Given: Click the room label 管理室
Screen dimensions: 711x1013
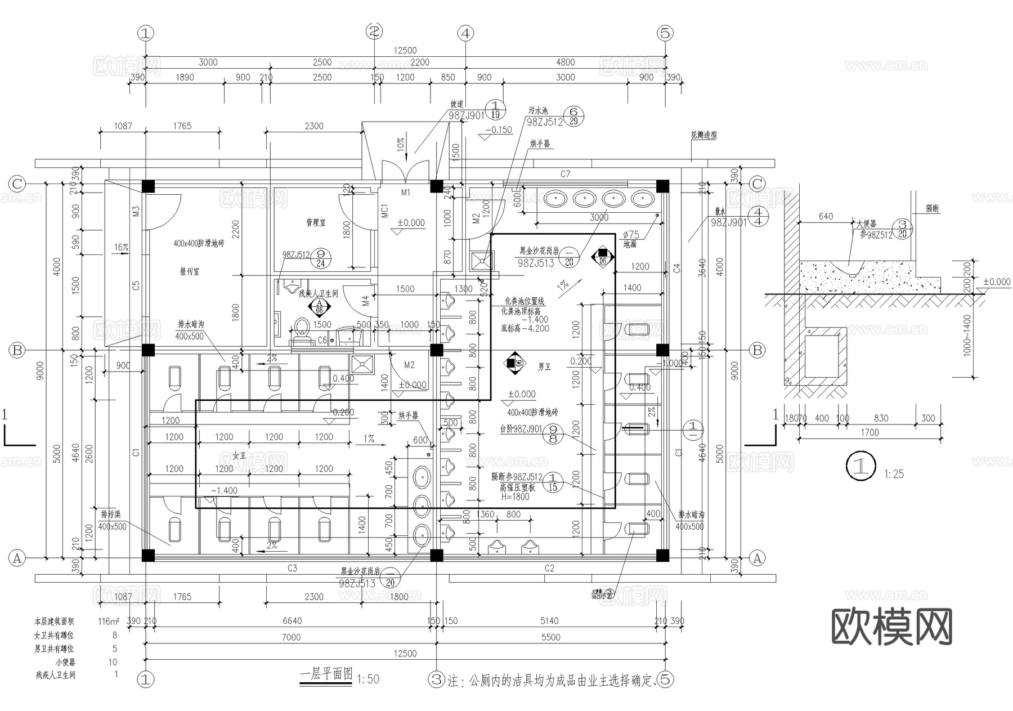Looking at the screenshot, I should (315, 223).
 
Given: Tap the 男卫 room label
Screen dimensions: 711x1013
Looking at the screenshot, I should (544, 367).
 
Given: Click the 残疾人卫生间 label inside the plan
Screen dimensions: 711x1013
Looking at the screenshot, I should (318, 293).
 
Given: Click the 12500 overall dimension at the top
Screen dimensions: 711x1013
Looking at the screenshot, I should (405, 51).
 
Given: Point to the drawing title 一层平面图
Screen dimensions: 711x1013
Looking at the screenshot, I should (326, 674).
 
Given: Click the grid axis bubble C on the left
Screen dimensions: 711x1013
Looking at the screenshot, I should (17, 184).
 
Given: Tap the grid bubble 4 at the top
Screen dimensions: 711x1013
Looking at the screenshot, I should (465, 33).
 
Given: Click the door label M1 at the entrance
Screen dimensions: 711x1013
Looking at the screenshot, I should (406, 193).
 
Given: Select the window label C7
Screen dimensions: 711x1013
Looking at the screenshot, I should (565, 174).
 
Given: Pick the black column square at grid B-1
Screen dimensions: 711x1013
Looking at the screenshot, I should (147, 350).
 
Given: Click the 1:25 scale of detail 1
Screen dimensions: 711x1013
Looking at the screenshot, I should (894, 474).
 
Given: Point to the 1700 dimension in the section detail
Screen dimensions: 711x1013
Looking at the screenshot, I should (869, 432).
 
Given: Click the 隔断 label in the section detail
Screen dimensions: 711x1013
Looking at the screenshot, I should (932, 209).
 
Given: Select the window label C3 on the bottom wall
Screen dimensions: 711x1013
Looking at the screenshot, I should (292, 569).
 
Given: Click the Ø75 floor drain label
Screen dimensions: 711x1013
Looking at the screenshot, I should (631, 234).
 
